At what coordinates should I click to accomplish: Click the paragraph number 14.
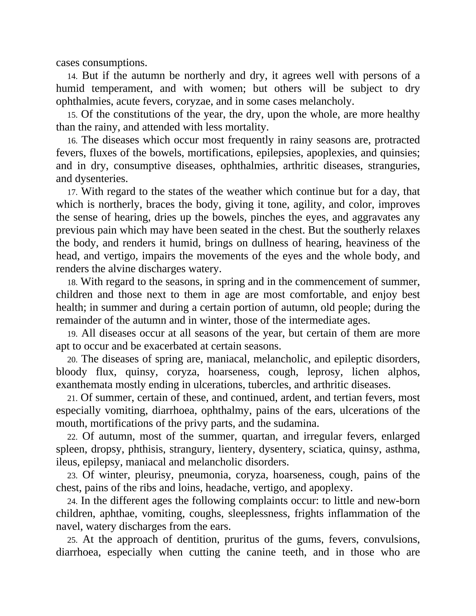72,76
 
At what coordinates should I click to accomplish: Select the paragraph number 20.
72,360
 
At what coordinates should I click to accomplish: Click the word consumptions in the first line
115,63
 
